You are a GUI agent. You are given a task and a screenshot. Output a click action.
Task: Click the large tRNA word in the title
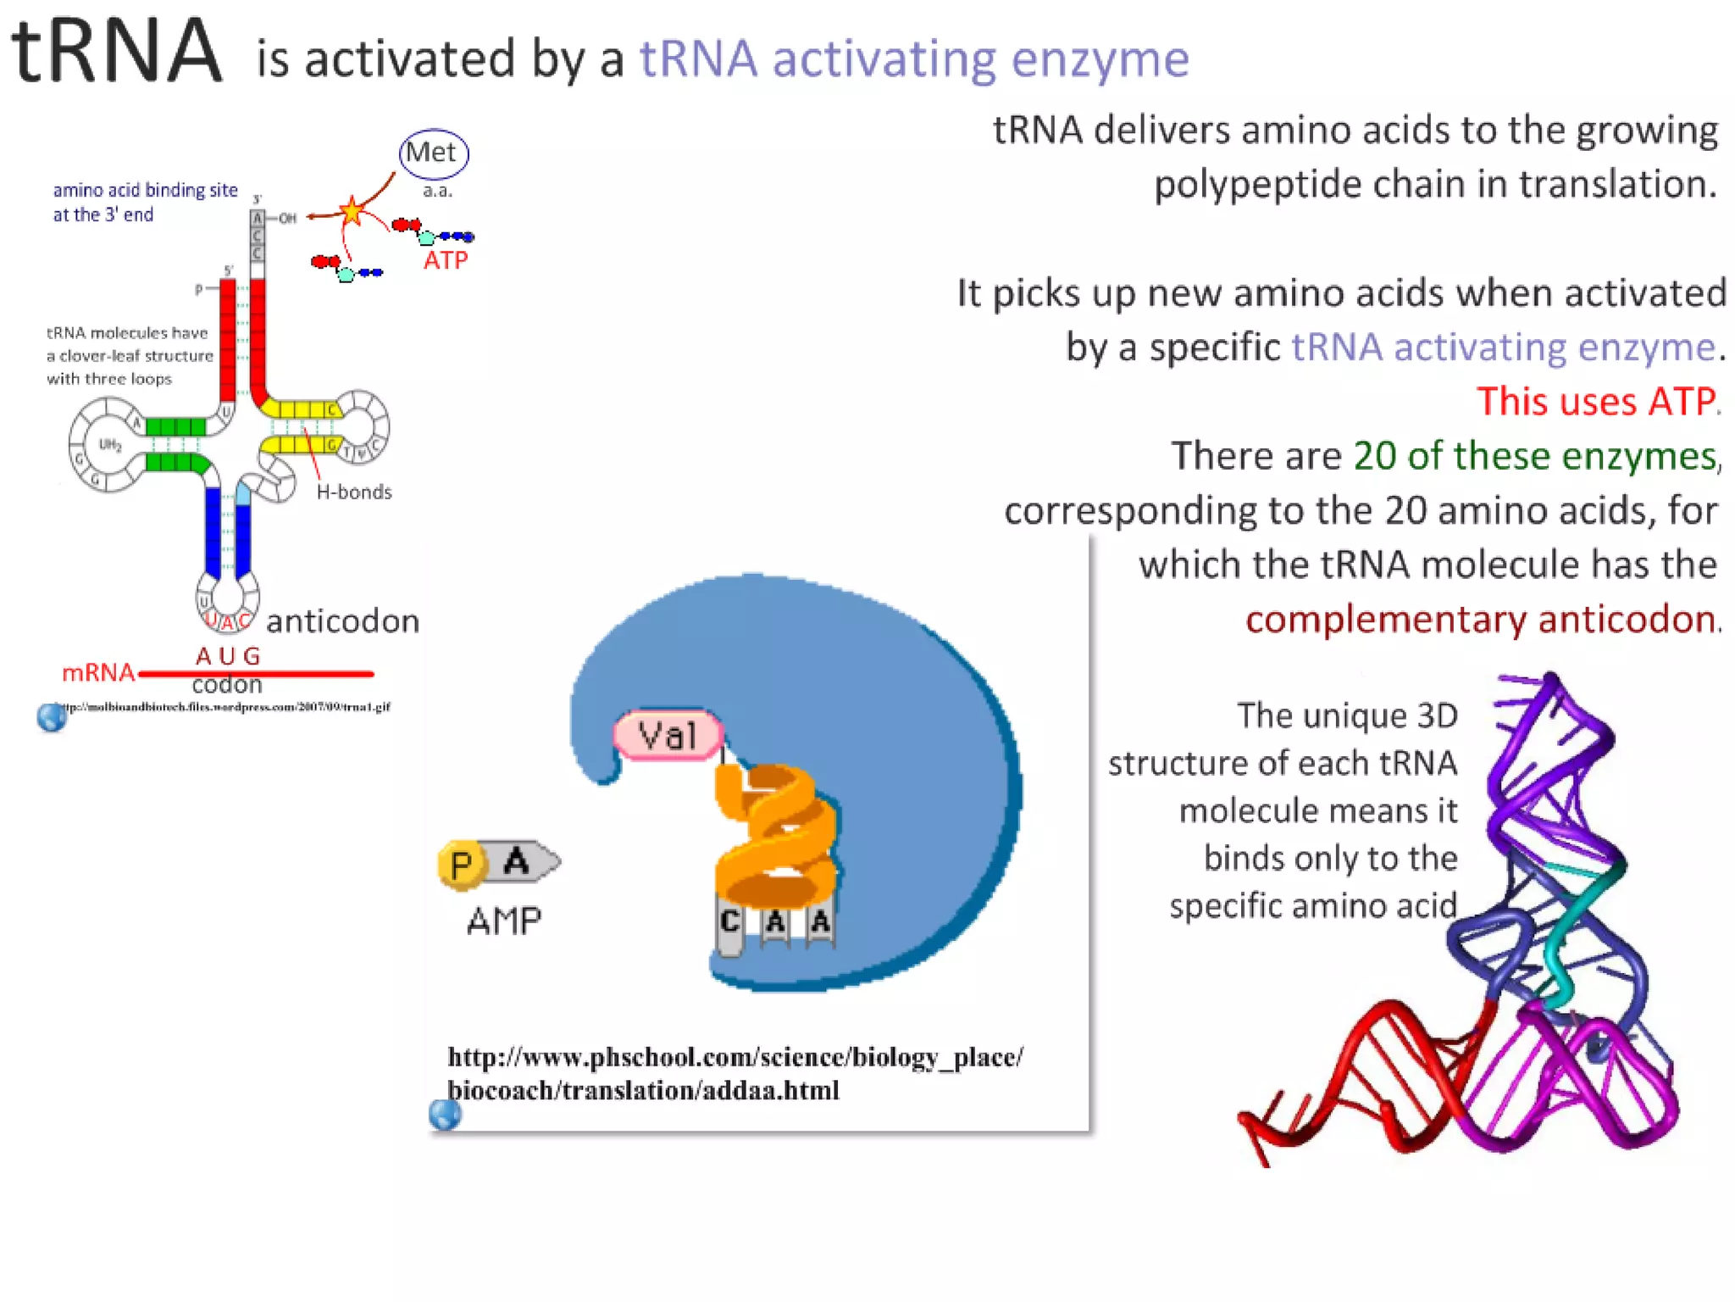coord(117,53)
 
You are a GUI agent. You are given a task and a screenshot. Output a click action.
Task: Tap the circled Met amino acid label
coord(432,153)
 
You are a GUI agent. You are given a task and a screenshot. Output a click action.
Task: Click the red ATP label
coord(445,260)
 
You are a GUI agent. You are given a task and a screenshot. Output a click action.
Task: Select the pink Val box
coord(668,735)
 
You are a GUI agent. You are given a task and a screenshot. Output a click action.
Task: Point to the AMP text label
coord(504,921)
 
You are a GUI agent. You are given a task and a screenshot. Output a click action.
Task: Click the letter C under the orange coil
coord(729,922)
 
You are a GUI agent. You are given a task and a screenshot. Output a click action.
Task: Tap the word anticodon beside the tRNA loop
coord(342,621)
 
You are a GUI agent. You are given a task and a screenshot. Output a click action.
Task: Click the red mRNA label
coord(97,673)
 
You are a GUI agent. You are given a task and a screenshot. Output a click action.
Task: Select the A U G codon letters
coord(227,656)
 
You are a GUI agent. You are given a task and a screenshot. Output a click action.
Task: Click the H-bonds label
coord(354,492)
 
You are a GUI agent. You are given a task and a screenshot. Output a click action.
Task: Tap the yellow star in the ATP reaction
coord(352,210)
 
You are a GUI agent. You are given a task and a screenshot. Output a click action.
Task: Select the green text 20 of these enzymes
coord(1534,456)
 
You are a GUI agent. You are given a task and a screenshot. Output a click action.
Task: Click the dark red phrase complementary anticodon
coord(1480,620)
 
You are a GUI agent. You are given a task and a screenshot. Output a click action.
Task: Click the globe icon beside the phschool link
coord(445,1115)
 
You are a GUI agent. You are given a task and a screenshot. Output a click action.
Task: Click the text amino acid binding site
coord(145,190)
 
